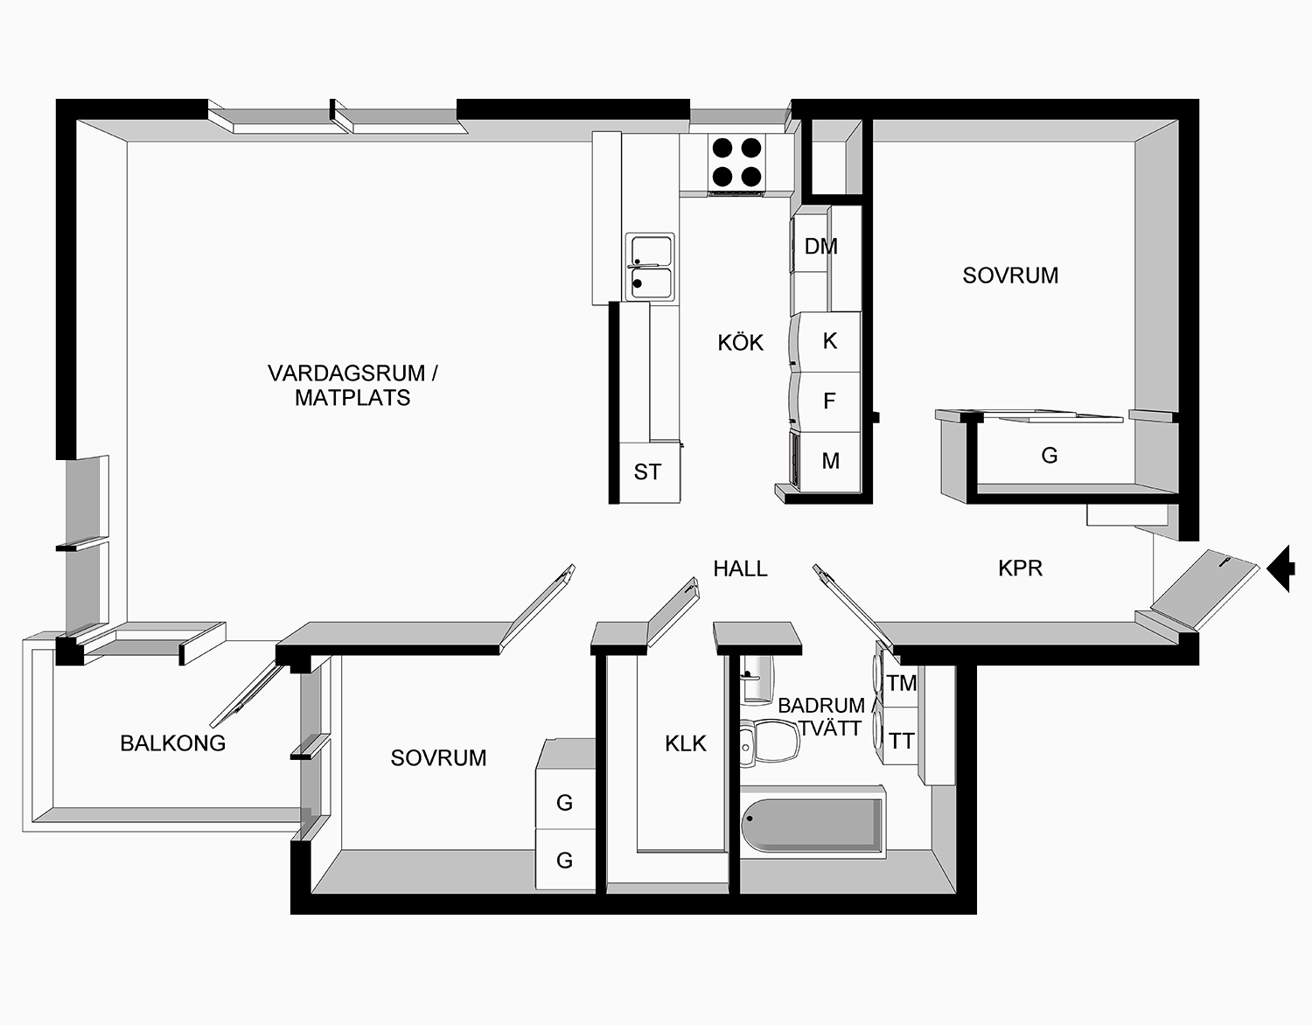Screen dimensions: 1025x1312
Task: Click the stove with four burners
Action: [x=736, y=163]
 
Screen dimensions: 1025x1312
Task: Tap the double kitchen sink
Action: [x=649, y=267]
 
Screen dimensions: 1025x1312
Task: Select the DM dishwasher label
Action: [x=820, y=247]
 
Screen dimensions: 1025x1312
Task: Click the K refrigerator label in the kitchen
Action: [x=830, y=340]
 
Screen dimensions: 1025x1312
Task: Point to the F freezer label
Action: [x=830, y=401]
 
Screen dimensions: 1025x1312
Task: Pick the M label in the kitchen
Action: [x=830, y=461]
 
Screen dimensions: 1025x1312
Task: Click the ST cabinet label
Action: [x=647, y=472]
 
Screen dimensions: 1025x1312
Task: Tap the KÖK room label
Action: [x=740, y=343]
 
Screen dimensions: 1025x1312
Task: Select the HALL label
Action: [x=740, y=568]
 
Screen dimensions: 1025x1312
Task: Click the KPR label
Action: [x=1020, y=568]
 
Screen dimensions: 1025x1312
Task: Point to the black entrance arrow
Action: [x=1282, y=568]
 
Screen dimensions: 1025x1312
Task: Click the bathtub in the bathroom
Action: [x=812, y=824]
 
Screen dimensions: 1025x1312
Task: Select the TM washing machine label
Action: [x=901, y=683]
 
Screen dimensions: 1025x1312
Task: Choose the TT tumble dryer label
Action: [x=901, y=742]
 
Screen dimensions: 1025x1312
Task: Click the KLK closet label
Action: [x=685, y=743]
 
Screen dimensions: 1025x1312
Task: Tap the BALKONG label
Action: [x=172, y=743]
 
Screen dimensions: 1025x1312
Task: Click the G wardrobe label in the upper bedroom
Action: [x=1049, y=455]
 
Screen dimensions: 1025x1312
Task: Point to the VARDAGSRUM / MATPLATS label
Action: [x=352, y=386]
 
